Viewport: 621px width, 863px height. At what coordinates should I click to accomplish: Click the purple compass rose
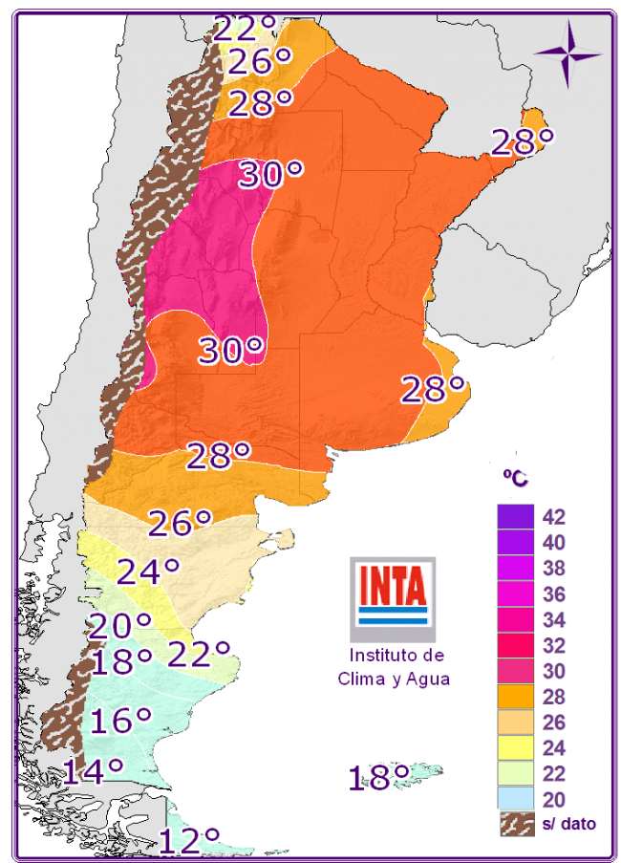tap(567, 52)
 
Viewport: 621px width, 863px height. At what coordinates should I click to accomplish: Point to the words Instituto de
tap(396, 656)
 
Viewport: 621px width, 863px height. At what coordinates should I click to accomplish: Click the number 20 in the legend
tap(554, 799)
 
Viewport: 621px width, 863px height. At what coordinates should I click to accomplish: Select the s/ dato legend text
tap(568, 823)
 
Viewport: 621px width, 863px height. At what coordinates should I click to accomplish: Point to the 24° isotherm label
tap(149, 572)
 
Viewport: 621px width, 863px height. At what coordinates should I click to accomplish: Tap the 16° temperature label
tap(121, 721)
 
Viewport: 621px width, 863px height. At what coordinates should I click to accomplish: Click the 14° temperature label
tap(94, 769)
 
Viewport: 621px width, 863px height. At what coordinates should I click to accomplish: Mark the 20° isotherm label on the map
tap(120, 627)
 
